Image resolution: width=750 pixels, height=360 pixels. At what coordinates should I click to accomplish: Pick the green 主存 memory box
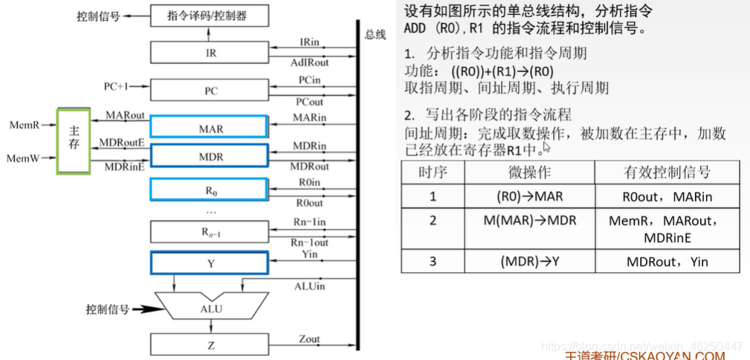click(x=74, y=141)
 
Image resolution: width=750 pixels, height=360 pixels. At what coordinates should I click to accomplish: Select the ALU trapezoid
click(x=211, y=306)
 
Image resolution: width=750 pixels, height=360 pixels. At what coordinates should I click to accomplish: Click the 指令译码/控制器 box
click(x=208, y=14)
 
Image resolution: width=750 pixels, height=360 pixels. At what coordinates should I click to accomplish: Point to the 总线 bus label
click(x=375, y=35)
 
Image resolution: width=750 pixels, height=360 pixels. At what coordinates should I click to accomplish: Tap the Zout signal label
click(x=309, y=339)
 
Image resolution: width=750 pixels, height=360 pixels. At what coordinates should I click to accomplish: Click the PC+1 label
click(x=117, y=86)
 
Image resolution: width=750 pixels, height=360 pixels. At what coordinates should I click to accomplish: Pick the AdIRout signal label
click(x=308, y=63)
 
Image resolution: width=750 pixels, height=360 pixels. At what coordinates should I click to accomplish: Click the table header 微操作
click(x=529, y=172)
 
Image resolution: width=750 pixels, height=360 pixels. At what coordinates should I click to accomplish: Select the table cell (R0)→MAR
click(x=529, y=196)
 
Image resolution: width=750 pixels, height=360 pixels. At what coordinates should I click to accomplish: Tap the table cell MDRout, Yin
click(x=667, y=261)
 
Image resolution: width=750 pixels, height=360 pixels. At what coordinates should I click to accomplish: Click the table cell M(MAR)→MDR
click(x=529, y=221)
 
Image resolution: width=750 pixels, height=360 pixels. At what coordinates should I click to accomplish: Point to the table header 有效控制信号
click(x=667, y=172)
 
